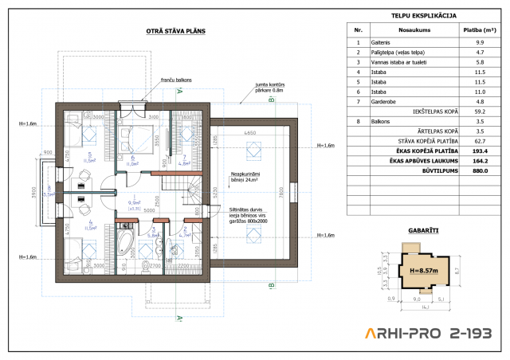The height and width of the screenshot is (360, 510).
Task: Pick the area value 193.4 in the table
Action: (479, 149)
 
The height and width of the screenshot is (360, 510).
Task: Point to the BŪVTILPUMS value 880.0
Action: (479, 170)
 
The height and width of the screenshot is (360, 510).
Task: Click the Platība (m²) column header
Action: (479, 29)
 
